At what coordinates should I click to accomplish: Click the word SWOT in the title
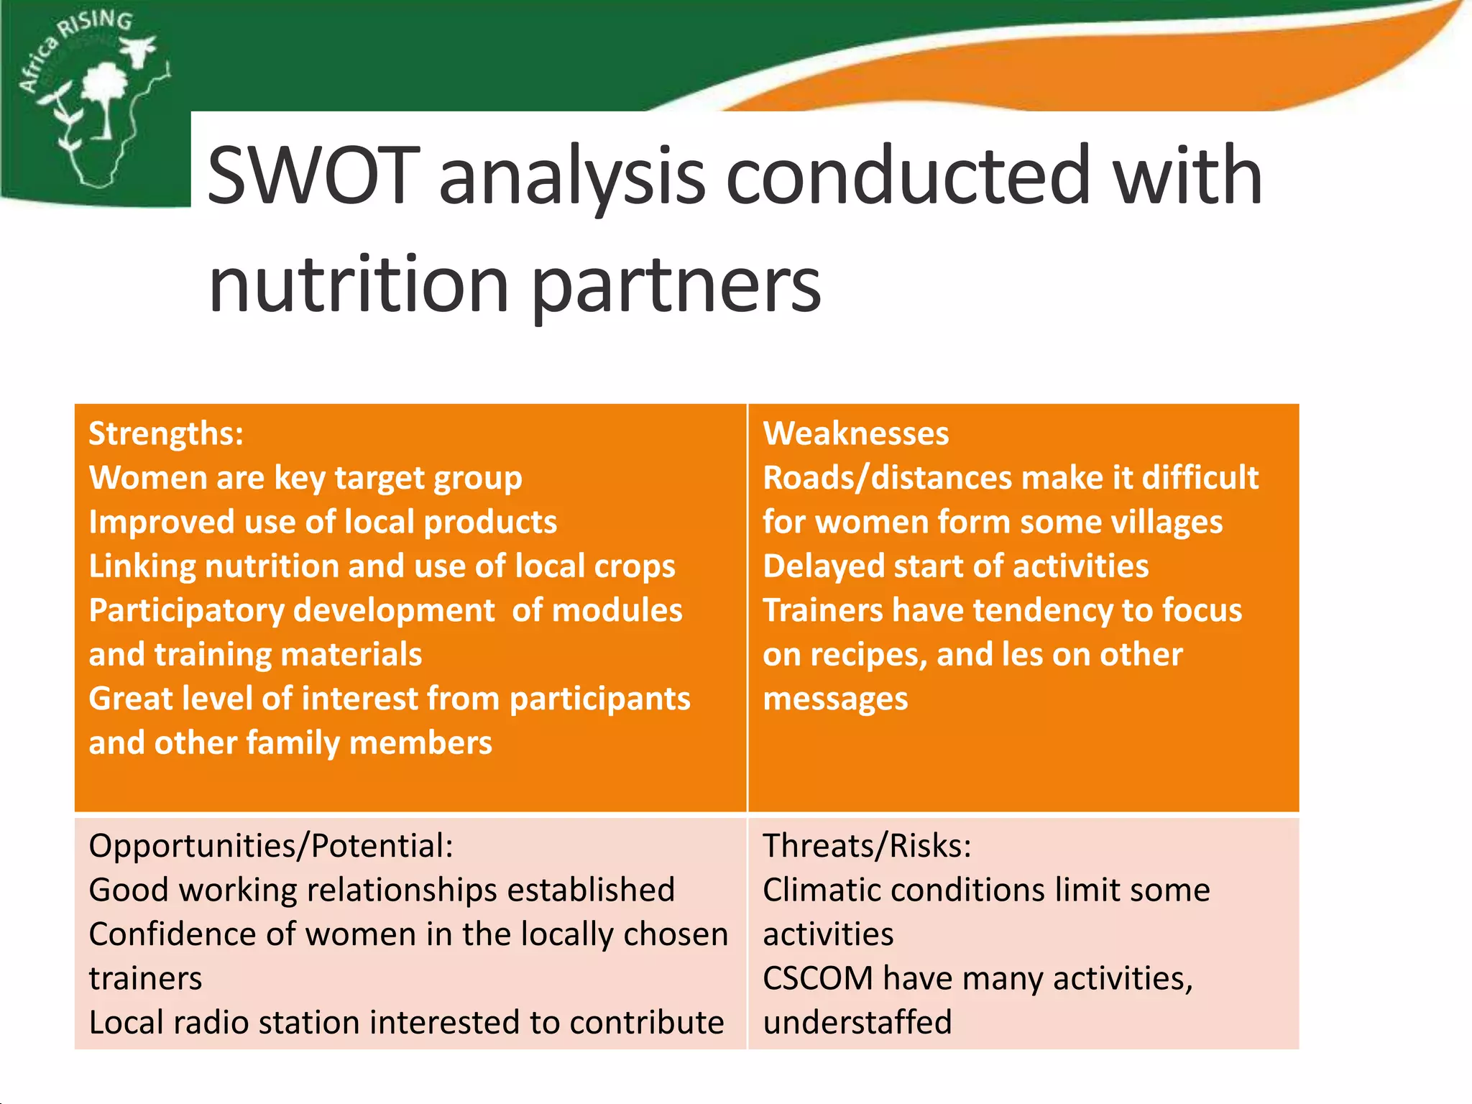pyautogui.click(x=313, y=176)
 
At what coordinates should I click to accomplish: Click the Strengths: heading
pyautogui.click(x=166, y=434)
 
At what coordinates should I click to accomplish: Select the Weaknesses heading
pyautogui.click(x=855, y=434)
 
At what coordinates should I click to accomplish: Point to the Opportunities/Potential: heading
pyautogui.click(x=271, y=846)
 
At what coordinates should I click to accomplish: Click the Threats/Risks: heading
pyautogui.click(x=867, y=846)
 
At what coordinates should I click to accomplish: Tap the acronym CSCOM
pyautogui.click(x=817, y=979)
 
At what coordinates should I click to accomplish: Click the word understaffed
pyautogui.click(x=857, y=1023)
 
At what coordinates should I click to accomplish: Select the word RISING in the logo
pyautogui.click(x=97, y=24)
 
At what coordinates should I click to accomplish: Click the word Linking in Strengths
pyautogui.click(x=142, y=566)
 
